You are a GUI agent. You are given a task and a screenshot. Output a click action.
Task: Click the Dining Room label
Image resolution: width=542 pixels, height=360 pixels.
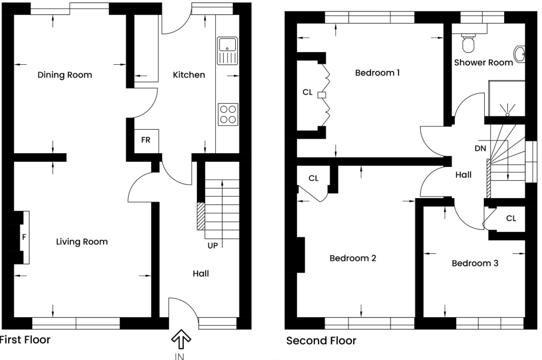tap(65, 75)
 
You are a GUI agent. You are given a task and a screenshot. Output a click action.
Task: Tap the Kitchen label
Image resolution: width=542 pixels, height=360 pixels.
tap(189, 75)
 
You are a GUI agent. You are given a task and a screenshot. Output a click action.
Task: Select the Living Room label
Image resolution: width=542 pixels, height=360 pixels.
tap(82, 242)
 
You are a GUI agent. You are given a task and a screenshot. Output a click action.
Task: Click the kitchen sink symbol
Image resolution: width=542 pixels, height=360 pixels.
tap(228, 51)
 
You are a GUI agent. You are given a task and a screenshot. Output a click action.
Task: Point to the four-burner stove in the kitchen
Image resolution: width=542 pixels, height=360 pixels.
tap(228, 114)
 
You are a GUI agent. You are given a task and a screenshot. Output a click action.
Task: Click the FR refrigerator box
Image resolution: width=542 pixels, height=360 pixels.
tap(146, 141)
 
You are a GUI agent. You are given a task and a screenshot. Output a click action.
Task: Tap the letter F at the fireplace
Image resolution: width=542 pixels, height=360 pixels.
tap(24, 237)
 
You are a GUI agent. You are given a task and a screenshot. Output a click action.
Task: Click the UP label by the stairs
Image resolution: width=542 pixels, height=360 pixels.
tap(213, 246)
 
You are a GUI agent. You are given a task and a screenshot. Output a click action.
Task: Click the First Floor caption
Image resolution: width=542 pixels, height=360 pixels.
tap(25, 340)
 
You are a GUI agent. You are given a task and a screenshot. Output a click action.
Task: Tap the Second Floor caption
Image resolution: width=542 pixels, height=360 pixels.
tap(321, 341)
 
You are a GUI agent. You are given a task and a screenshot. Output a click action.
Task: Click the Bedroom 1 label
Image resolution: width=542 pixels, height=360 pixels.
tap(378, 73)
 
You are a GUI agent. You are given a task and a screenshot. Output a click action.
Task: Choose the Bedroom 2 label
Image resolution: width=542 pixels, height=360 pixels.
tap(353, 258)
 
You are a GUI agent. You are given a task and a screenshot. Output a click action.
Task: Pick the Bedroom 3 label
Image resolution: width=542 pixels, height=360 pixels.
tap(475, 263)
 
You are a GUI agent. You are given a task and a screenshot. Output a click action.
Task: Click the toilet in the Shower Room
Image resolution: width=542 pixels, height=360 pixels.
tap(469, 43)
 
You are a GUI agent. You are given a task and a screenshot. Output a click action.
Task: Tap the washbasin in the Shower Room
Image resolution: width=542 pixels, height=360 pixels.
tap(520, 54)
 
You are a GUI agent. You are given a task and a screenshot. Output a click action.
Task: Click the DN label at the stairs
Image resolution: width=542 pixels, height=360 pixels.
tap(480, 149)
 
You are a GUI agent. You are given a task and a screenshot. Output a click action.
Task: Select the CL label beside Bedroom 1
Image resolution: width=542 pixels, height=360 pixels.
tap(307, 92)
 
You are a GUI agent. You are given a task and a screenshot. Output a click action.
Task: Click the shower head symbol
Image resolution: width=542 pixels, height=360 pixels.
tap(507, 110)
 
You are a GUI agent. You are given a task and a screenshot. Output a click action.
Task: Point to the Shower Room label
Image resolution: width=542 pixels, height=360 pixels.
tap(483, 63)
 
